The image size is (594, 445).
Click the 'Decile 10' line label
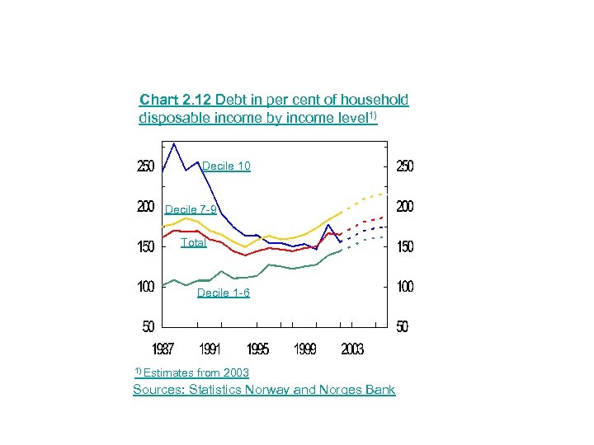pyautogui.click(x=226, y=166)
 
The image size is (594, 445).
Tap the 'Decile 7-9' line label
pyautogui.click(x=191, y=209)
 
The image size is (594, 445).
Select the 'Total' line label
pyautogui.click(x=194, y=242)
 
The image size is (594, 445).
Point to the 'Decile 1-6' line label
pyautogui.click(x=223, y=293)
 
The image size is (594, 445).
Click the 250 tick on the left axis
pyautogui.click(x=145, y=166)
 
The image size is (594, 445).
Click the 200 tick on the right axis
pyautogui.click(x=404, y=207)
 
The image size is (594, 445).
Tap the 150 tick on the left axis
pyautogui.click(x=145, y=246)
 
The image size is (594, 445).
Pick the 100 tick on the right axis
pyautogui.click(x=404, y=287)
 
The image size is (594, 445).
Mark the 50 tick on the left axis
pyautogui.click(x=148, y=326)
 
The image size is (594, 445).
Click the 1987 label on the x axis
pyautogui.click(x=163, y=349)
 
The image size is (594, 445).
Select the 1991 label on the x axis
pyautogui.click(x=210, y=349)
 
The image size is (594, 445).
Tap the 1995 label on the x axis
pyautogui.click(x=257, y=349)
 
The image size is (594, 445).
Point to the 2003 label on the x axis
pyautogui.click(x=352, y=349)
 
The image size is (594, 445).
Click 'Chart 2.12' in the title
pyautogui.click(x=176, y=100)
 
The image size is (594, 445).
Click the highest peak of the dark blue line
pyautogui.click(x=174, y=144)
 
